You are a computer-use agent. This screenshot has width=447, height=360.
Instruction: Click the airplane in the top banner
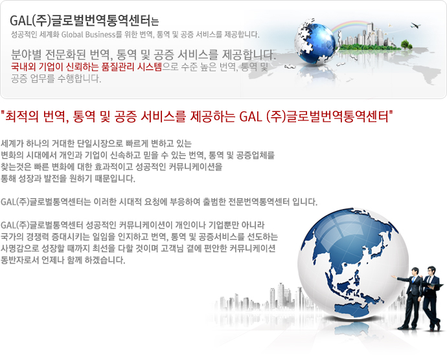(x=415, y=26)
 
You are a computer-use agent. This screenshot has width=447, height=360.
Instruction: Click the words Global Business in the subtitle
(x=88, y=35)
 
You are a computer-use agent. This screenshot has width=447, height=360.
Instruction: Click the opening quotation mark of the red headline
(x=3, y=112)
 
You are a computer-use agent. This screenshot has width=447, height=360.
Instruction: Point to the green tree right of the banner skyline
(x=406, y=45)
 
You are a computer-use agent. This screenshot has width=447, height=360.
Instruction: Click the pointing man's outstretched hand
(x=393, y=276)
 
